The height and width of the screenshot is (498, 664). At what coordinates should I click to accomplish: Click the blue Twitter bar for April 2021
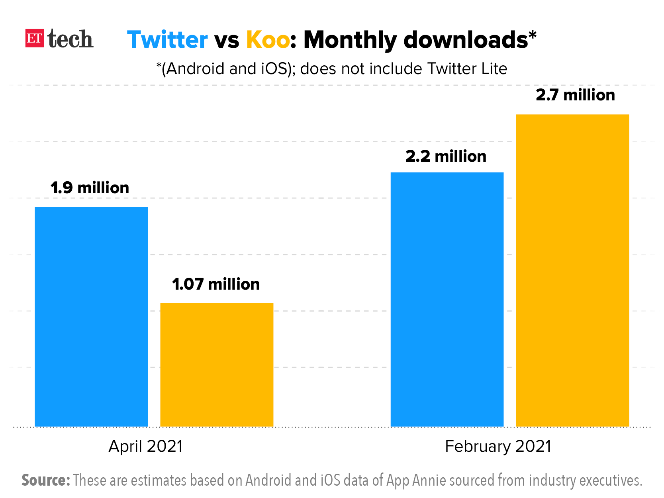(91, 317)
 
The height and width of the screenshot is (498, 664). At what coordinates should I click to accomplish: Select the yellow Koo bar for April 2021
(217, 365)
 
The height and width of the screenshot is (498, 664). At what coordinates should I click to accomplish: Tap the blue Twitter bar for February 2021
(447, 299)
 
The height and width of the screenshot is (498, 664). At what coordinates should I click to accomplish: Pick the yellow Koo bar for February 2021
(572, 271)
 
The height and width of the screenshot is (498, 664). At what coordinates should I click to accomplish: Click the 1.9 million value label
(90, 188)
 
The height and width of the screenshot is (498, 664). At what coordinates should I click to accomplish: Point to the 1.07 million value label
(216, 284)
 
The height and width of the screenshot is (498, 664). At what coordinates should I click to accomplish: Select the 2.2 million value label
(446, 157)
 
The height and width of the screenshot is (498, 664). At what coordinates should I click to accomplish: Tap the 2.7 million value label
(575, 95)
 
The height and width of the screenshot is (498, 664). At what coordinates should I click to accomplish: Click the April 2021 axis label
(146, 446)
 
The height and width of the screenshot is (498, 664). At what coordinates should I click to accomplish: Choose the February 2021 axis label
(498, 446)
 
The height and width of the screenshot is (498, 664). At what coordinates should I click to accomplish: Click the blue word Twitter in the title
(167, 40)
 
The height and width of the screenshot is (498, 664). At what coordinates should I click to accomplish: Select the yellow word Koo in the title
(268, 40)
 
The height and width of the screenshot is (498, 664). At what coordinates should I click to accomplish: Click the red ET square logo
(35, 39)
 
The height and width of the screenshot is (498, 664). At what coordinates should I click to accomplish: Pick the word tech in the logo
(70, 39)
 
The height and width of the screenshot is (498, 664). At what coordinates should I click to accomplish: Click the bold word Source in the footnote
(45, 480)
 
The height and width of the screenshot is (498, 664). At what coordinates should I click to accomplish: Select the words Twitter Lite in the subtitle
(467, 69)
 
